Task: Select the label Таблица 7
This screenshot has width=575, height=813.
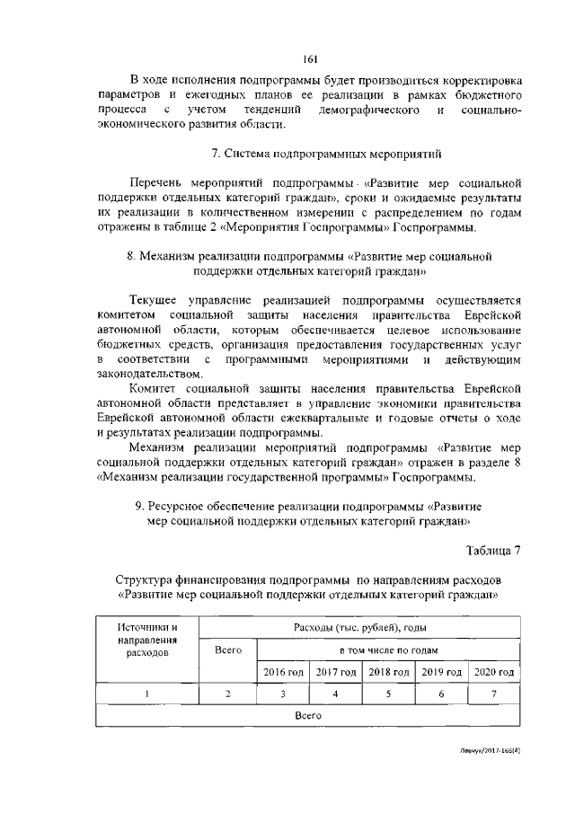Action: click(493, 550)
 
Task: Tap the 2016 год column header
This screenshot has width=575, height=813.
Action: click(283, 672)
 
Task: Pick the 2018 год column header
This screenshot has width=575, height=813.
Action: click(389, 672)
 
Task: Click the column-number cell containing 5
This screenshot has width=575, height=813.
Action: click(389, 694)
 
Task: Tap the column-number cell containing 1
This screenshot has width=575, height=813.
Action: click(147, 694)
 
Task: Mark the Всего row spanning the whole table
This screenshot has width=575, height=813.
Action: click(307, 717)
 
